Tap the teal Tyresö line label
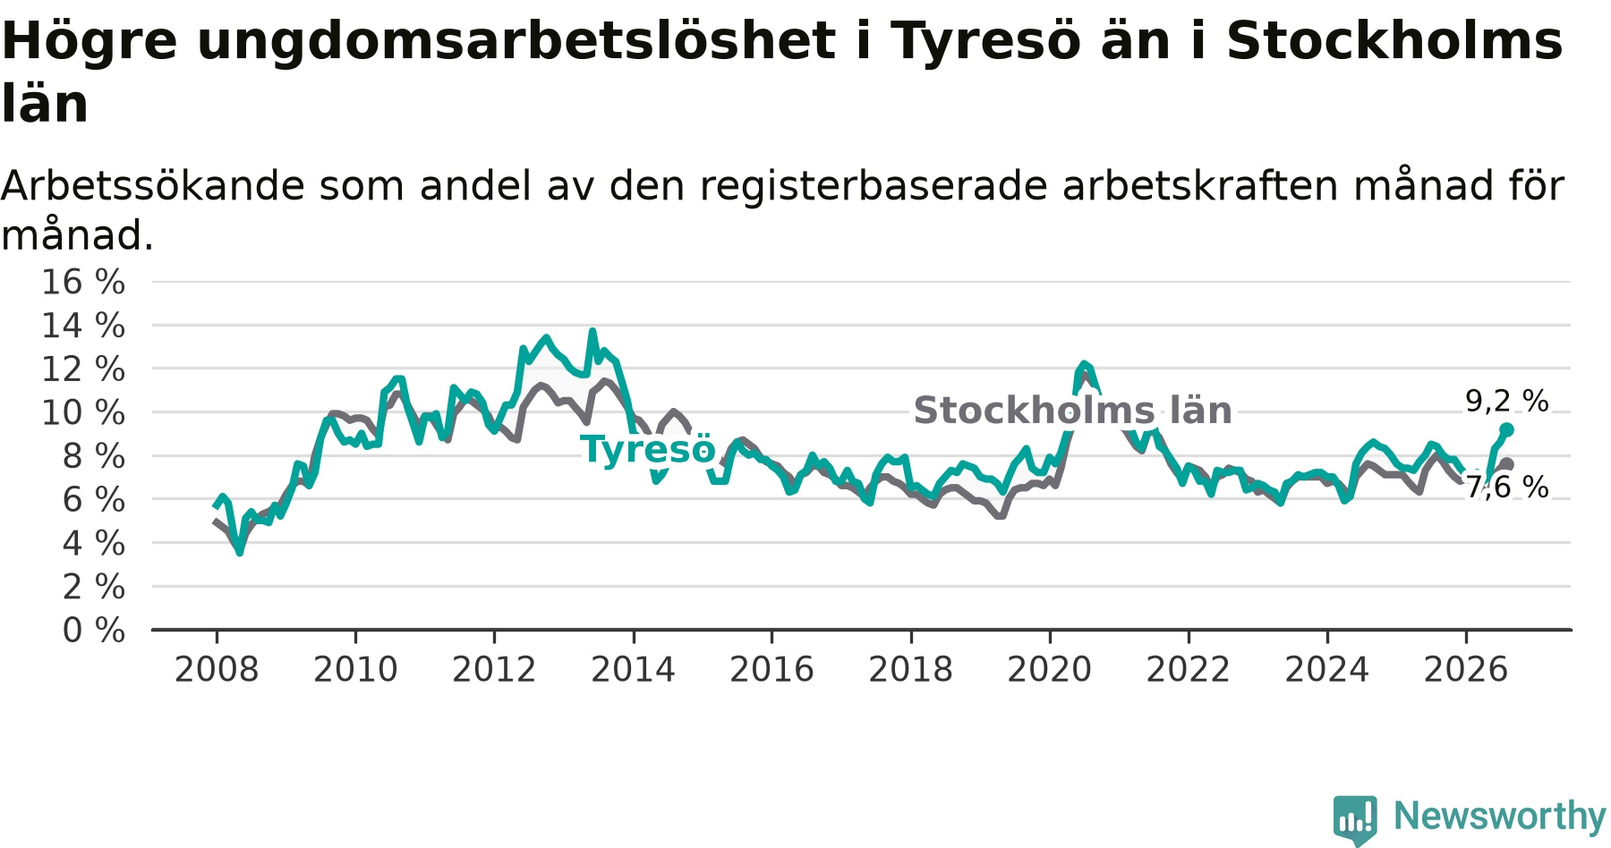pyautogui.click(x=648, y=449)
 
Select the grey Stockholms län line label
pyautogui.click(x=1072, y=411)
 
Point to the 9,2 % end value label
pyautogui.click(x=1506, y=401)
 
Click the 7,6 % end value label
pyautogui.click(x=1506, y=487)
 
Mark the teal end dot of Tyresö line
pyautogui.click(x=1506, y=429)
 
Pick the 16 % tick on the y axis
pyautogui.click(x=83, y=282)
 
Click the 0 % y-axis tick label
pyautogui.click(x=94, y=631)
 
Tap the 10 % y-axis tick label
pyautogui.click(x=83, y=412)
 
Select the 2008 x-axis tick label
pyautogui.click(x=217, y=669)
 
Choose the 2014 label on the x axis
pyautogui.click(x=633, y=669)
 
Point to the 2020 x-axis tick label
pyautogui.click(x=1050, y=669)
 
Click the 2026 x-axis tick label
pyautogui.click(x=1466, y=669)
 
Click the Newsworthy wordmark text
pyautogui.click(x=1500, y=816)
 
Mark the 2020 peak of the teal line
pyautogui.click(x=1084, y=363)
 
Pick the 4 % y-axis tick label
pyautogui.click(x=94, y=543)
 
